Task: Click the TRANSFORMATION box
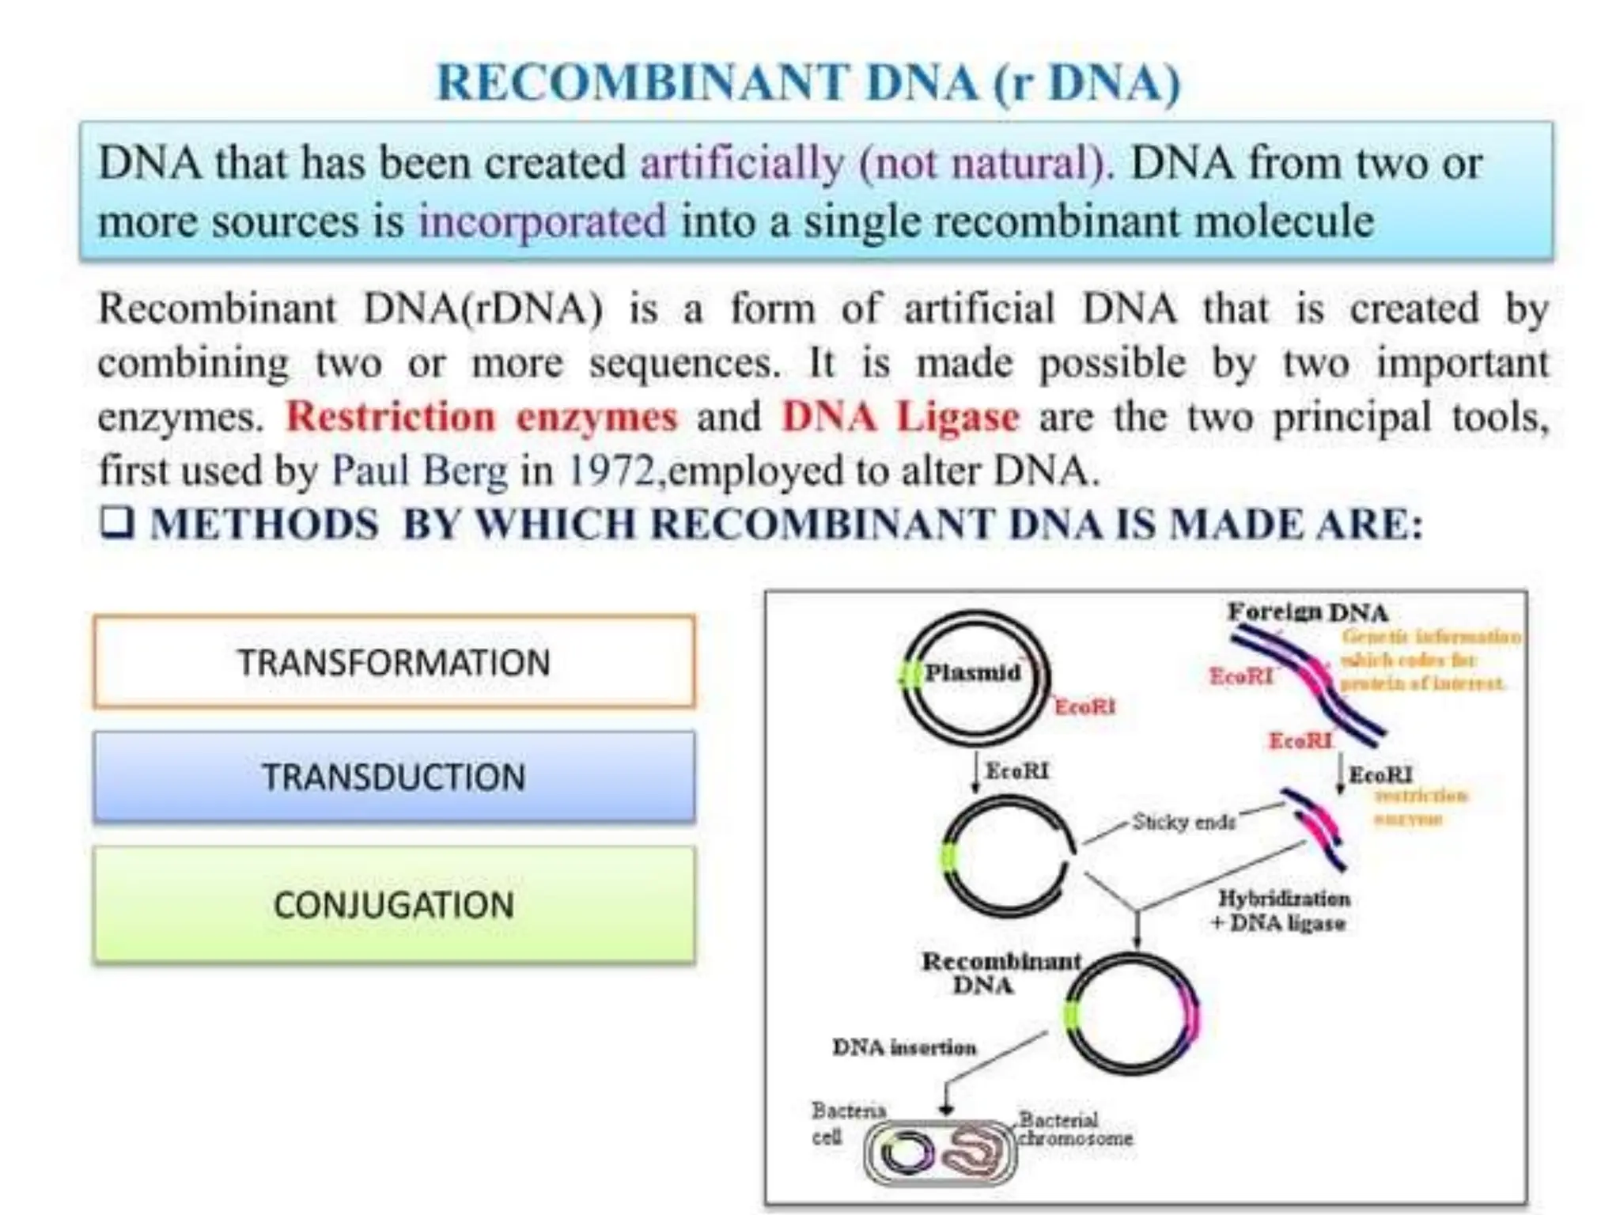point(394,662)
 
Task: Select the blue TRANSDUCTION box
point(394,777)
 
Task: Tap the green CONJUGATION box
point(394,905)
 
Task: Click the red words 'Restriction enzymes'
point(481,417)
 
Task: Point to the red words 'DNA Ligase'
point(900,417)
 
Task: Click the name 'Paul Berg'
point(419,471)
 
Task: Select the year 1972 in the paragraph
point(611,471)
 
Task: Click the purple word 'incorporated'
point(543,221)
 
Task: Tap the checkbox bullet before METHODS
point(117,523)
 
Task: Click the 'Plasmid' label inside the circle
point(973,673)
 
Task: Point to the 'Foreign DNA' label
point(1307,612)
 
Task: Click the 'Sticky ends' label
point(1183,822)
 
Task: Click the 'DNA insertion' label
point(904,1047)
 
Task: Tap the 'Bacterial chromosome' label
point(1074,1130)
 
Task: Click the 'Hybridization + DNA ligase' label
point(1281,910)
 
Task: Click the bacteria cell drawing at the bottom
point(940,1152)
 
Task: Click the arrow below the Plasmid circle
point(975,771)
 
